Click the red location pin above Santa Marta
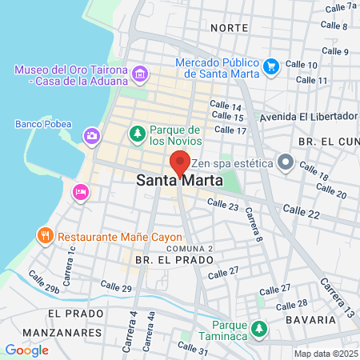tap(180, 162)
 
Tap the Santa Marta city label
tap(180, 182)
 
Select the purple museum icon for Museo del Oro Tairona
tap(141, 74)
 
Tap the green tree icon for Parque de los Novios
tap(137, 131)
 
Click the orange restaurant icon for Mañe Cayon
tap(44, 235)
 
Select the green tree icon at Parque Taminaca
tap(258, 328)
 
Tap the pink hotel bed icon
tap(80, 191)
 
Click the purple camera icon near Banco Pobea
tap(93, 135)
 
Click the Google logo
tap(26, 350)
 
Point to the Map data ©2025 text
tap(325, 353)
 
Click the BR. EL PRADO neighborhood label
tap(165, 261)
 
